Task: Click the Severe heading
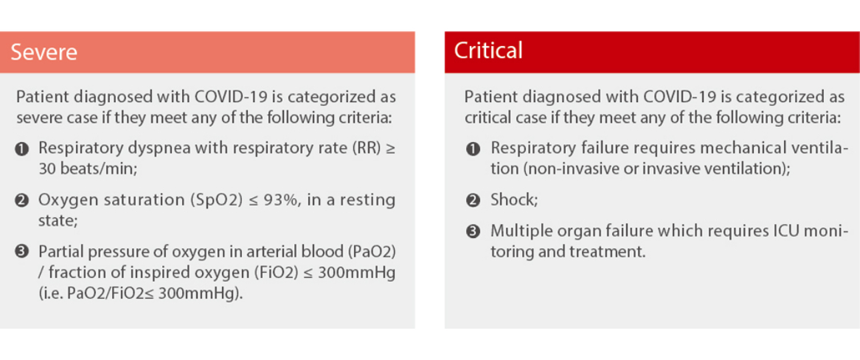[44, 52]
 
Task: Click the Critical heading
[488, 50]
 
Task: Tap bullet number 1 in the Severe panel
[22, 149]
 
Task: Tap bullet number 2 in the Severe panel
[22, 201]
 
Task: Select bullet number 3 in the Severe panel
[22, 252]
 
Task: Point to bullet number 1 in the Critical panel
[473, 149]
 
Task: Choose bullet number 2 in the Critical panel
[473, 201]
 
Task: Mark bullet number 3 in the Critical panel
[473, 231]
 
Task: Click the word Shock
[512, 200]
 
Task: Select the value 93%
[280, 200]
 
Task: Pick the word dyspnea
[159, 149]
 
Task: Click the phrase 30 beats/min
[87, 169]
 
